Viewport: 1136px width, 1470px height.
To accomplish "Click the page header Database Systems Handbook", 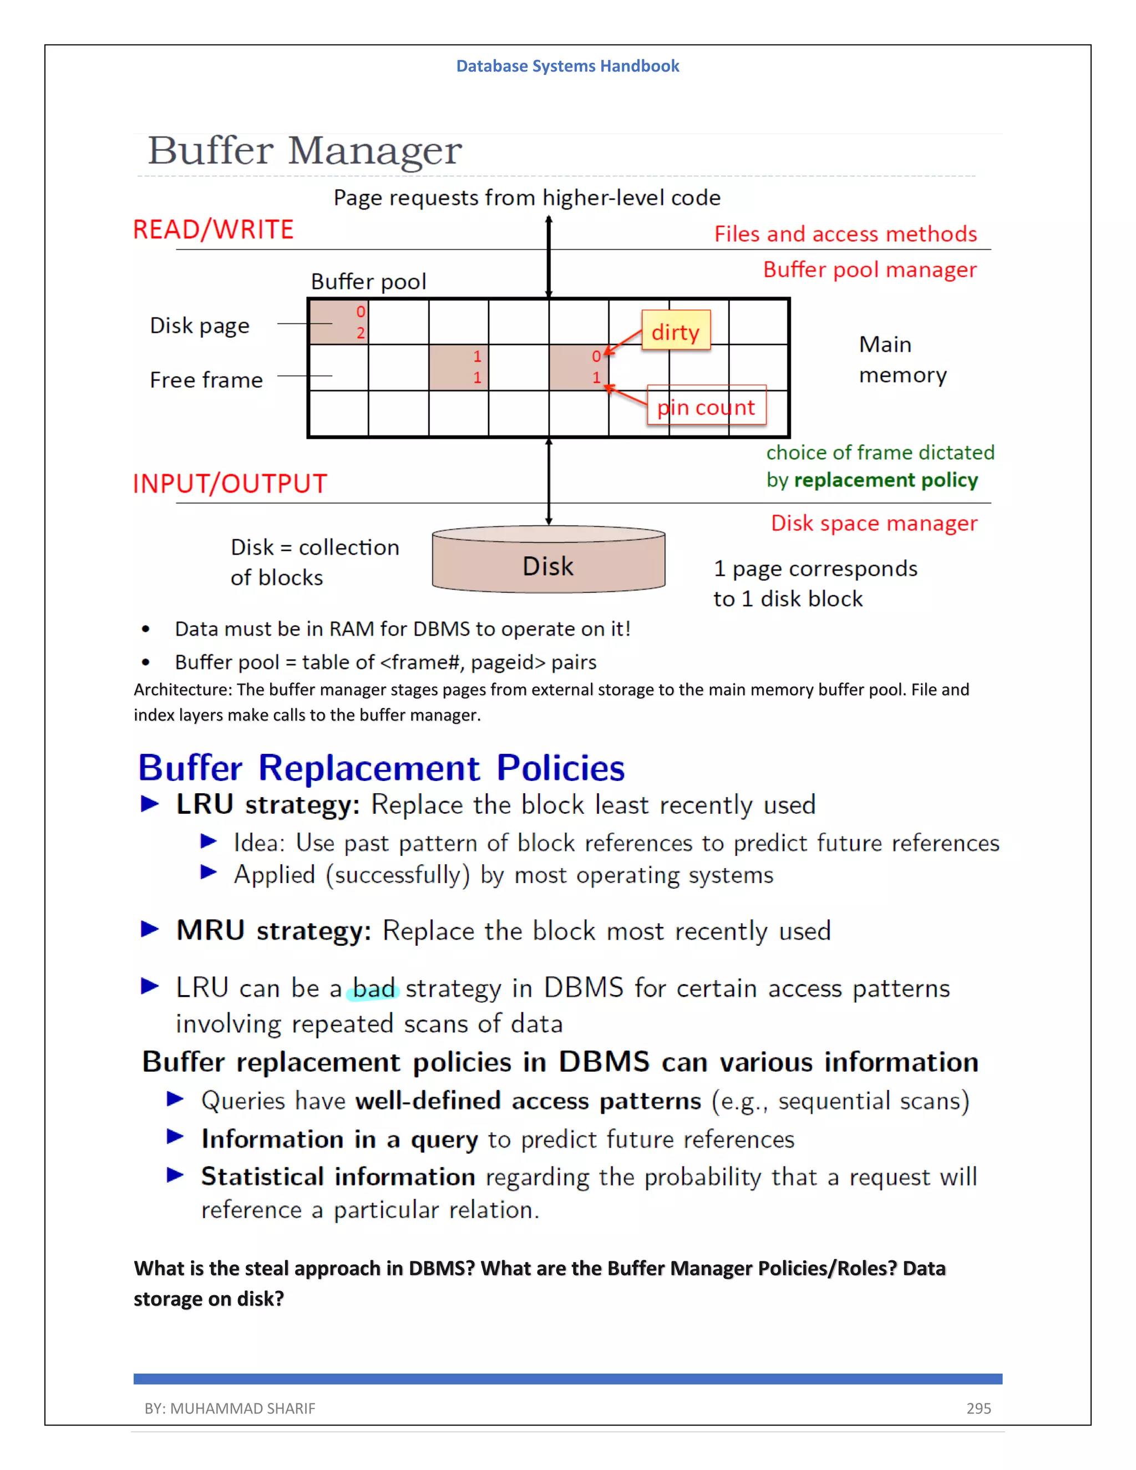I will click(x=567, y=66).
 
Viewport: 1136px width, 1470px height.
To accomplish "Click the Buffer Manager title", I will click(x=305, y=151).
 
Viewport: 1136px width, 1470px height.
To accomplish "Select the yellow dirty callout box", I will click(x=676, y=331).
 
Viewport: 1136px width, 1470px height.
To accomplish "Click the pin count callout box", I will click(x=706, y=405).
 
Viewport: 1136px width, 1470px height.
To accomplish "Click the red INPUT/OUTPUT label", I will click(x=230, y=484).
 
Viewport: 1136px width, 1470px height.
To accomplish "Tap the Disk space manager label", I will click(x=874, y=523).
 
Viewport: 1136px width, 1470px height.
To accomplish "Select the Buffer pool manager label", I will click(x=870, y=269).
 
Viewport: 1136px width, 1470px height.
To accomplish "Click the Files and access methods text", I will click(x=845, y=234).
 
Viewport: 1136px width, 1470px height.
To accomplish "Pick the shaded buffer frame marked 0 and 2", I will click(x=338, y=322).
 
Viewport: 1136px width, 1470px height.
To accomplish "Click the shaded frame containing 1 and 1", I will click(x=458, y=367).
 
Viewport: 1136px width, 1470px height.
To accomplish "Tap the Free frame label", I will click(x=206, y=379).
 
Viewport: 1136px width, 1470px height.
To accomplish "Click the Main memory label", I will click(x=902, y=359).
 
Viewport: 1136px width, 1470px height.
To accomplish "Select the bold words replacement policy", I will click(x=886, y=480).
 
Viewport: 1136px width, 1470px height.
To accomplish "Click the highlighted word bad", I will click(x=373, y=989).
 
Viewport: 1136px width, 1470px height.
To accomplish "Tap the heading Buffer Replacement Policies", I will click(x=381, y=768).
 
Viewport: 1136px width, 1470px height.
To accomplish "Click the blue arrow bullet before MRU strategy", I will click(x=149, y=930).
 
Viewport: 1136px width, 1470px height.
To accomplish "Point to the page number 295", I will click(x=978, y=1408).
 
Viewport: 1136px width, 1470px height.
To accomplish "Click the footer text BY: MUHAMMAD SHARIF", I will click(x=230, y=1408).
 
